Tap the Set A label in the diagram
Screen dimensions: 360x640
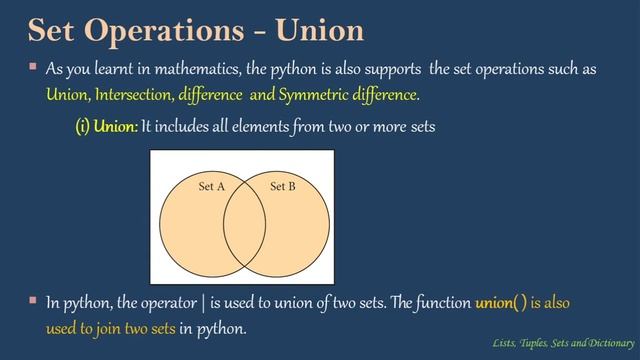point(211,186)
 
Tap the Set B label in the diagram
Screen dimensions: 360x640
point(283,186)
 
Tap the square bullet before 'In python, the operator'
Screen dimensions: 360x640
point(32,300)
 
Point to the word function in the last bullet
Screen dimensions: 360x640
point(436,301)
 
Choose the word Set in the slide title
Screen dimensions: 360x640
point(60,31)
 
